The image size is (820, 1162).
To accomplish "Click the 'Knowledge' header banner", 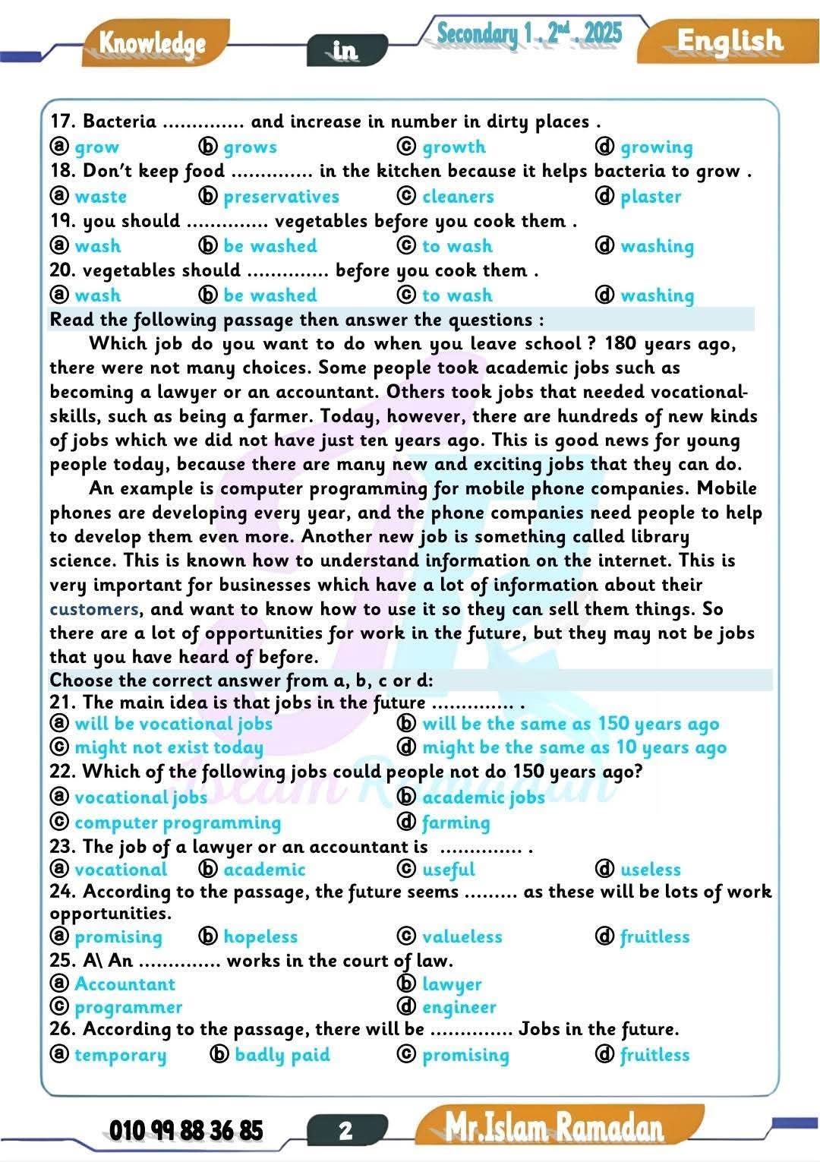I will (153, 44).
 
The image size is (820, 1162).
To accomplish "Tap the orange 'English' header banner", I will (729, 42).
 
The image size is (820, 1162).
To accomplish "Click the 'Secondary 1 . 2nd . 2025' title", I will (529, 33).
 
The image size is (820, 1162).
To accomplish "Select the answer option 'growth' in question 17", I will (453, 147).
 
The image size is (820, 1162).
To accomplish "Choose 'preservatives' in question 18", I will (281, 197).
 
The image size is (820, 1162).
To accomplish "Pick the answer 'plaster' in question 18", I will (651, 197).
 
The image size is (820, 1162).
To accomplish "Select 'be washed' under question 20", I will (270, 295).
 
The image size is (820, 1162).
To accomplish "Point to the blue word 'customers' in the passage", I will (94, 609).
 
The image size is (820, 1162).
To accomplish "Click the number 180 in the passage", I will (620, 343).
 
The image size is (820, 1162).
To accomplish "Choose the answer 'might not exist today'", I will (169, 747).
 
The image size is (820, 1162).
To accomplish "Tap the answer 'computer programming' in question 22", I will (178, 823).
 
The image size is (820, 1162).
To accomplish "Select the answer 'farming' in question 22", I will (456, 823).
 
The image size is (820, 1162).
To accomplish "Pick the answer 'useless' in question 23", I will (651, 870).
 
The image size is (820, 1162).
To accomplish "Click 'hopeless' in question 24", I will (260, 937).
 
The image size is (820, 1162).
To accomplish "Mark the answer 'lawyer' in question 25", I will (452, 984).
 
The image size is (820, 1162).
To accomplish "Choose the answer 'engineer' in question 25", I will (459, 1007).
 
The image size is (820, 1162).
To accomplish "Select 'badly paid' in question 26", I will (282, 1055).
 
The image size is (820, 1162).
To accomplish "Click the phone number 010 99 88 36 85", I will (186, 1130).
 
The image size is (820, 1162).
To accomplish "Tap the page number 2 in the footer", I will (345, 1130).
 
